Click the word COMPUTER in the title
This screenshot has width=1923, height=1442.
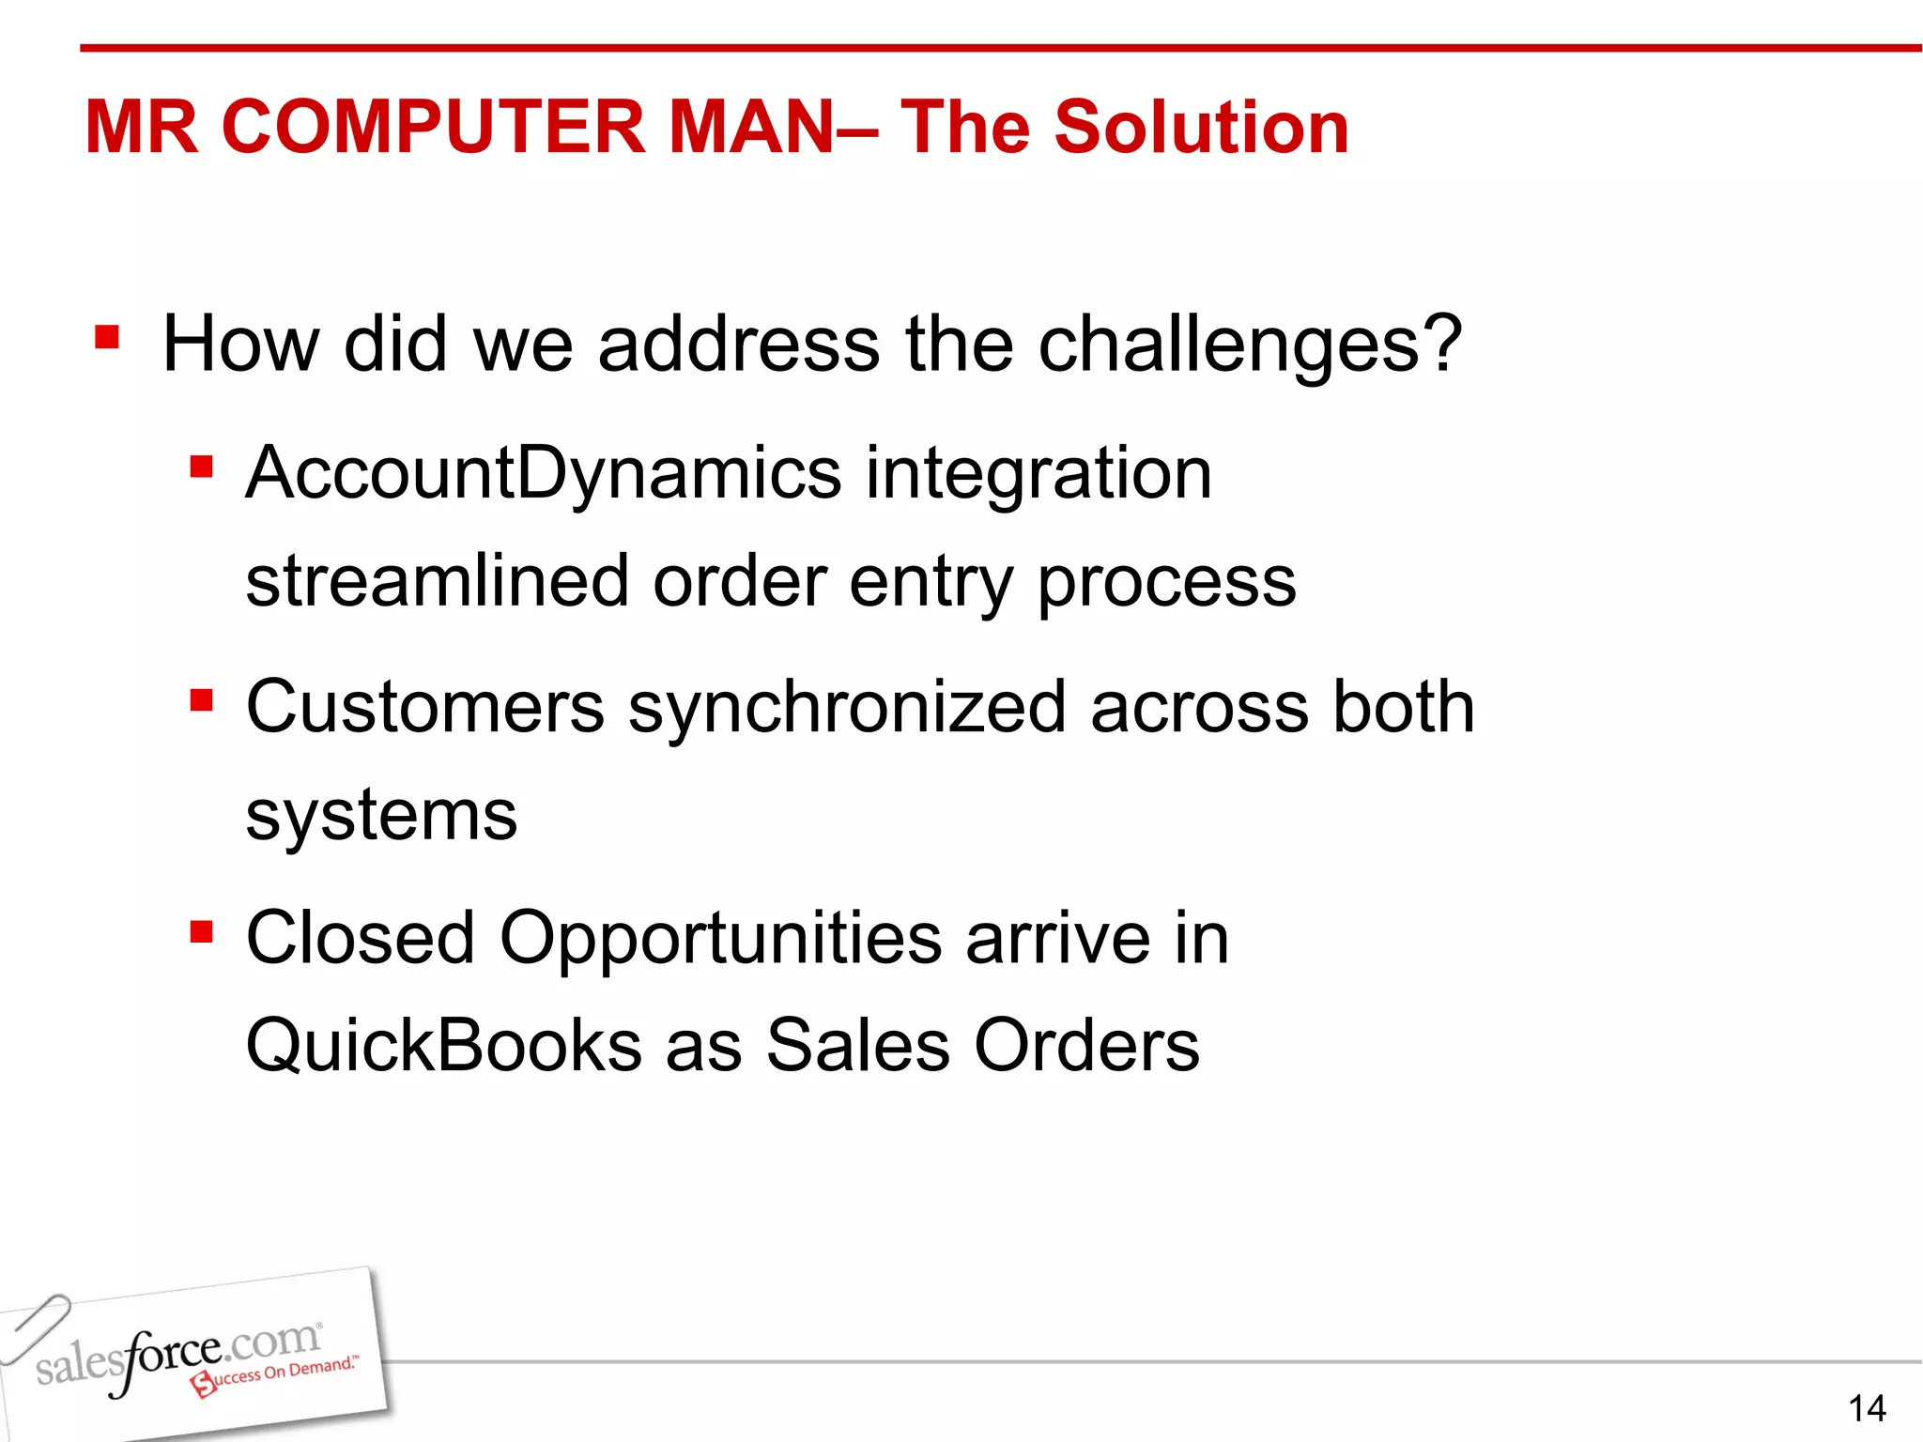coord(433,127)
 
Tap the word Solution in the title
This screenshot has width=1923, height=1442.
coord(1201,127)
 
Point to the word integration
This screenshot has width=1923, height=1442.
coord(1038,474)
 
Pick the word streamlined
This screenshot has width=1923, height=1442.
coord(437,581)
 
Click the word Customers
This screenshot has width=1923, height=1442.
coord(425,707)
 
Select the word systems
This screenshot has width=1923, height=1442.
coord(381,815)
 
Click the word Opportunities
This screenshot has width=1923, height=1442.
coord(720,938)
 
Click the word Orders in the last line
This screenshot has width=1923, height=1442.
coord(1086,1046)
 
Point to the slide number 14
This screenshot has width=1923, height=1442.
coord(1867,1408)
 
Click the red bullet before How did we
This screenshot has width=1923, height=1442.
coord(107,336)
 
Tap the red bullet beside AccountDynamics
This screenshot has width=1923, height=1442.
coord(201,466)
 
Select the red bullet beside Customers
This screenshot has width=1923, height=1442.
coord(201,700)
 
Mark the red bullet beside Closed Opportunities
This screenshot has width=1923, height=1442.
coord(201,931)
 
